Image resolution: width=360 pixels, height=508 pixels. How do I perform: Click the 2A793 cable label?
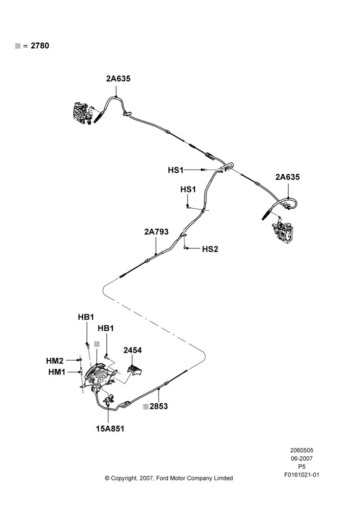point(156,232)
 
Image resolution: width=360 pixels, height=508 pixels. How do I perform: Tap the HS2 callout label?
point(210,249)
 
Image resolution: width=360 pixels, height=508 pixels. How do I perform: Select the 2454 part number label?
point(132,350)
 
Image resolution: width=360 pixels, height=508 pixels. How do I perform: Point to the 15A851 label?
point(110,429)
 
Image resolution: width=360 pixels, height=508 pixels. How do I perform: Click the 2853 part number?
point(159,406)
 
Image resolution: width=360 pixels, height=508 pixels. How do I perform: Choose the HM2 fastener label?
point(55,361)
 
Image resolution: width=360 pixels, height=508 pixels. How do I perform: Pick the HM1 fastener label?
point(57,372)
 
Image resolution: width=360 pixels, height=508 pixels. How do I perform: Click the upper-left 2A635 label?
point(118,79)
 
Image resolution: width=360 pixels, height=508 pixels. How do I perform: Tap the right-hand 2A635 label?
point(288,177)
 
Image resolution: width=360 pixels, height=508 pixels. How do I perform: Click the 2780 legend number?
point(40,46)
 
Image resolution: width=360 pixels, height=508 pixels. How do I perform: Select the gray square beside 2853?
point(146,406)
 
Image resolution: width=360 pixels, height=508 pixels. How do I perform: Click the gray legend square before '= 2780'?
point(18,46)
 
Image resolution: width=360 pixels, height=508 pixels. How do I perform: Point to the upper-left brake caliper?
point(82,113)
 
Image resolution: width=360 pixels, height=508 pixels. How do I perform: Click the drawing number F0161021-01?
point(302,475)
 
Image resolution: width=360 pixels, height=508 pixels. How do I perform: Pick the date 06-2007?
point(302,458)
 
